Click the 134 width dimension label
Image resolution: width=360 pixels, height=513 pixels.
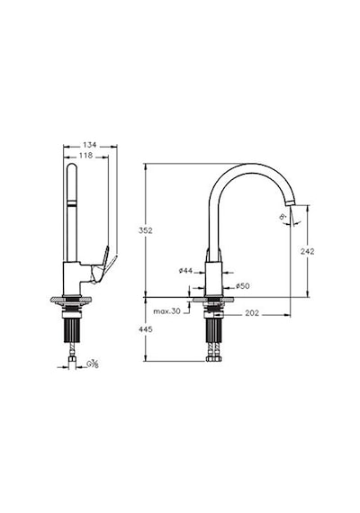tap(89, 145)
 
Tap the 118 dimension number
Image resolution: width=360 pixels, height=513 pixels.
tap(85, 156)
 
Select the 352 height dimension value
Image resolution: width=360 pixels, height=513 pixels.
tap(146, 230)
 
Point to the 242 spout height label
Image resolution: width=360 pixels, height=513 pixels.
tap(307, 251)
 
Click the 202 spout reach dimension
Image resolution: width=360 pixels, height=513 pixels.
tap(252, 313)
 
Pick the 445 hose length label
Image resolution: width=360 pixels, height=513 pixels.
tap(146, 329)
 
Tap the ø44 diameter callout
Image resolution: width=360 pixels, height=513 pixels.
tap(185, 271)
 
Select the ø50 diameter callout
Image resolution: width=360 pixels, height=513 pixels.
tap(242, 286)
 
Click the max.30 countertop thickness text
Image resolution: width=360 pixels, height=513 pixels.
tap(166, 311)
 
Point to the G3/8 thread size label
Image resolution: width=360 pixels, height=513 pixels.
tap(93, 364)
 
